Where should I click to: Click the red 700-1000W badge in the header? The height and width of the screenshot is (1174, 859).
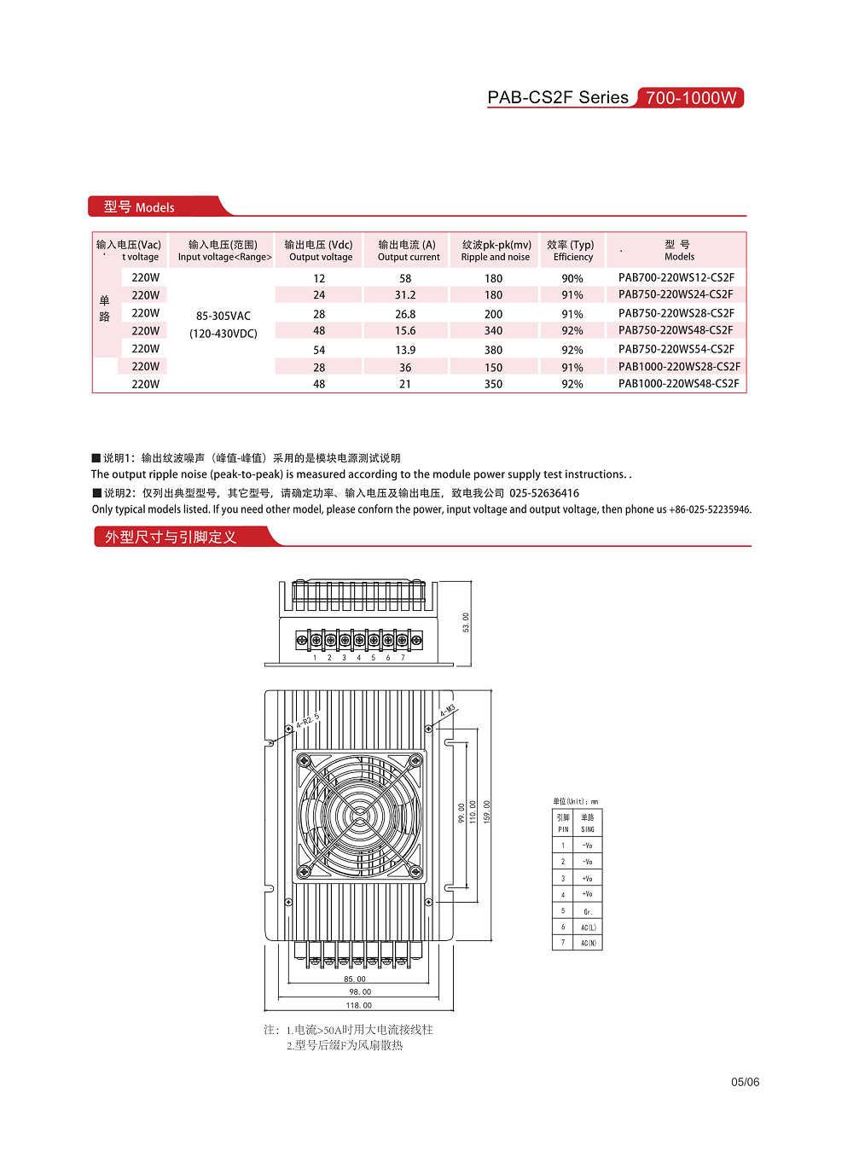pos(691,98)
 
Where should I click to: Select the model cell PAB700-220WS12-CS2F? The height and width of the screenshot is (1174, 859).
pos(676,277)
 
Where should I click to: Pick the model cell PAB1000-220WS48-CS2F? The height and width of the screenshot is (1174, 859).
pos(678,384)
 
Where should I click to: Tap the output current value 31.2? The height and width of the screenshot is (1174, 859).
pos(405,295)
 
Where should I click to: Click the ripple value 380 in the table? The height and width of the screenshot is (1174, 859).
pos(493,350)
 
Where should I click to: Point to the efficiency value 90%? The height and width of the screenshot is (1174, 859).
pos(572,278)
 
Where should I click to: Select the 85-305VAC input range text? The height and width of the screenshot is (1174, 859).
pos(223,316)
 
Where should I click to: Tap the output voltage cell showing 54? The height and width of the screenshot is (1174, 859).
pos(319,350)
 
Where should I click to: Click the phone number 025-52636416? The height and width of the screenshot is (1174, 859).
pos(544,493)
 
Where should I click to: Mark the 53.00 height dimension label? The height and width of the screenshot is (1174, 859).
pos(466,622)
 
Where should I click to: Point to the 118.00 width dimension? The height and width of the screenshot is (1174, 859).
pos(359,1005)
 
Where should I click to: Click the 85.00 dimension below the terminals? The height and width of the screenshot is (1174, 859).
pos(355,979)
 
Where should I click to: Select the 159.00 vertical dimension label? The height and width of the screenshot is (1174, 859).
pos(487,811)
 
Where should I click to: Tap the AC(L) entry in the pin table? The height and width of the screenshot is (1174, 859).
pos(589,927)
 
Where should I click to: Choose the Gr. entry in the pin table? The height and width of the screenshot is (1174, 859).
pos(588,911)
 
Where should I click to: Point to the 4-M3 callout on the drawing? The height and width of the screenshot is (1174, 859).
pos(447,711)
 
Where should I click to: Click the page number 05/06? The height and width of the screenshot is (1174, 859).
pos(745,1082)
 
